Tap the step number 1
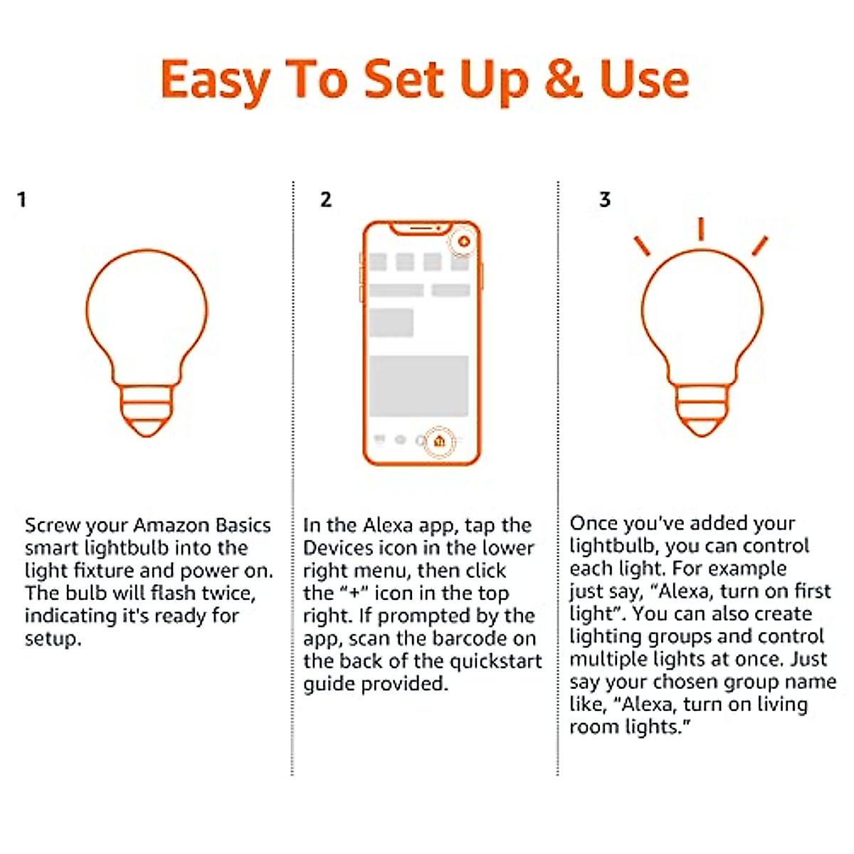[22, 200]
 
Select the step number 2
[326, 200]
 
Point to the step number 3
[605, 200]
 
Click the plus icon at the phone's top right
[464, 242]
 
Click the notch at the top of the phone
[421, 228]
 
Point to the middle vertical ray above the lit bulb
[701, 228]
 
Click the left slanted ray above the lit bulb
[642, 246]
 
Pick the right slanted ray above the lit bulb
[760, 246]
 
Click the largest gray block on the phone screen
[418, 386]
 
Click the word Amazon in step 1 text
[172, 525]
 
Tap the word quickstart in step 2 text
[495, 661]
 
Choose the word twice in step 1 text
[228, 594]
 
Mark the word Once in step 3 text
[594, 523]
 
